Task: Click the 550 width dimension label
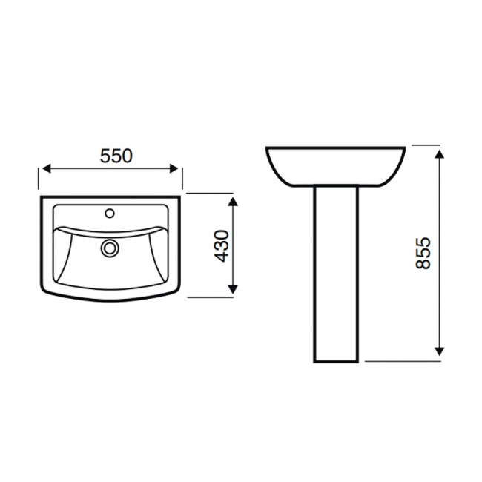point(116,156)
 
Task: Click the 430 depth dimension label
point(222,246)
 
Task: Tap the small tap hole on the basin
point(110,214)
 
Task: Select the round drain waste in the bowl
point(110,247)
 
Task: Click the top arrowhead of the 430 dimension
point(234,202)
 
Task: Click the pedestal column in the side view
point(337,274)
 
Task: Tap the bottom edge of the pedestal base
point(337,362)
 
